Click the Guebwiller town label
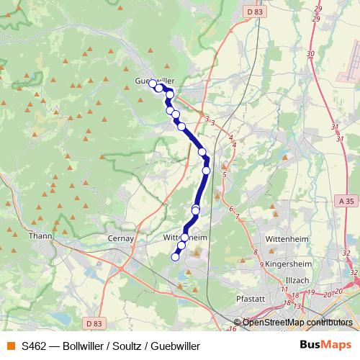point(156,81)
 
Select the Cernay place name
point(122,238)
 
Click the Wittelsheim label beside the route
point(186,237)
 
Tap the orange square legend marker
point(10,346)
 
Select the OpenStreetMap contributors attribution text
point(297,322)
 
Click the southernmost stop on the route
point(175,256)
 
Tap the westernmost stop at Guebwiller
point(153,84)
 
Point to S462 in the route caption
point(35,346)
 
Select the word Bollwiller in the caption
point(84,346)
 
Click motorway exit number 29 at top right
point(318,9)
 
